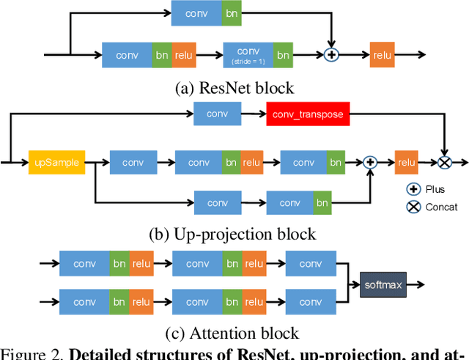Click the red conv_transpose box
(308, 114)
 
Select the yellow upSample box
(57, 162)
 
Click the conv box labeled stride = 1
(248, 55)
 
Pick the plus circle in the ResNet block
(332, 55)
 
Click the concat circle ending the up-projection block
(444, 162)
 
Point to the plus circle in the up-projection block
(370, 162)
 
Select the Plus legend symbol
(413, 189)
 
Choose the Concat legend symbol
(413, 206)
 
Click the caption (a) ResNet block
(234, 88)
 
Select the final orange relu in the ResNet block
(382, 55)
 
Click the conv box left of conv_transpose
(218, 114)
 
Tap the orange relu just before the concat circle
(406, 162)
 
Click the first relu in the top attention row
(141, 264)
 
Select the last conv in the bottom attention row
(310, 301)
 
